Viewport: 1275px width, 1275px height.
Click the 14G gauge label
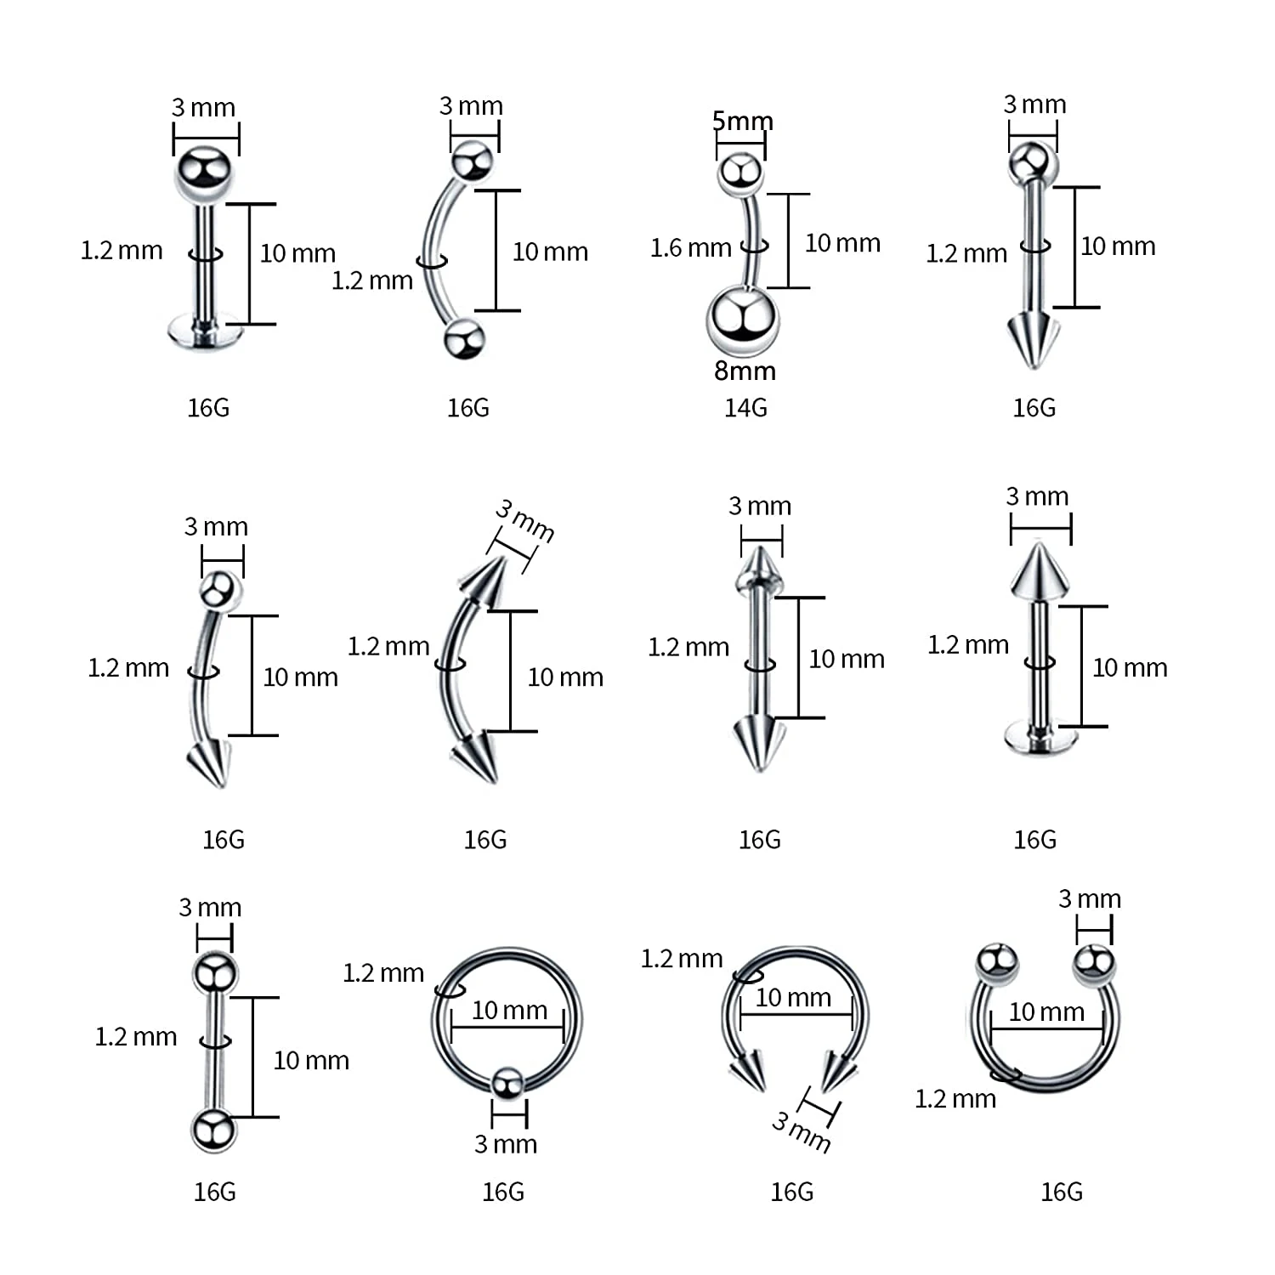click(745, 408)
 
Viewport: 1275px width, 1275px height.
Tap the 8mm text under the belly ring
click(745, 371)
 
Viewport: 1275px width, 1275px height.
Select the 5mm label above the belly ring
click(742, 122)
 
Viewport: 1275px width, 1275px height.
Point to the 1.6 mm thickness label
click(690, 248)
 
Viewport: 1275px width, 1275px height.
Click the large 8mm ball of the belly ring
click(742, 320)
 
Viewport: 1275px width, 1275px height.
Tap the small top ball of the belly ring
click(740, 173)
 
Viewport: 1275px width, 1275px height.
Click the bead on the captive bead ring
click(508, 1082)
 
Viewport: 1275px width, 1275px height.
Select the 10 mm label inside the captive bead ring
click(509, 1010)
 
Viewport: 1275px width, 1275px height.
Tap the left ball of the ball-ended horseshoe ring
click(997, 961)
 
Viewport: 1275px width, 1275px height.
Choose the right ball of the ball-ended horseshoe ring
click(1094, 963)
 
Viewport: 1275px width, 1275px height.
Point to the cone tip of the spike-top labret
click(1040, 569)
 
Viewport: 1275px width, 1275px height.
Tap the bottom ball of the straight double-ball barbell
click(212, 1130)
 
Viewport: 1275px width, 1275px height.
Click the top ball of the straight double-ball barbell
click(214, 973)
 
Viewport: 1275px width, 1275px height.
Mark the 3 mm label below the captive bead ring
click(506, 1144)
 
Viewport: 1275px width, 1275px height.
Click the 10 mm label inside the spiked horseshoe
click(793, 997)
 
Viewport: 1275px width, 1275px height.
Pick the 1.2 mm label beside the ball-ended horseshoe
click(955, 1099)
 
